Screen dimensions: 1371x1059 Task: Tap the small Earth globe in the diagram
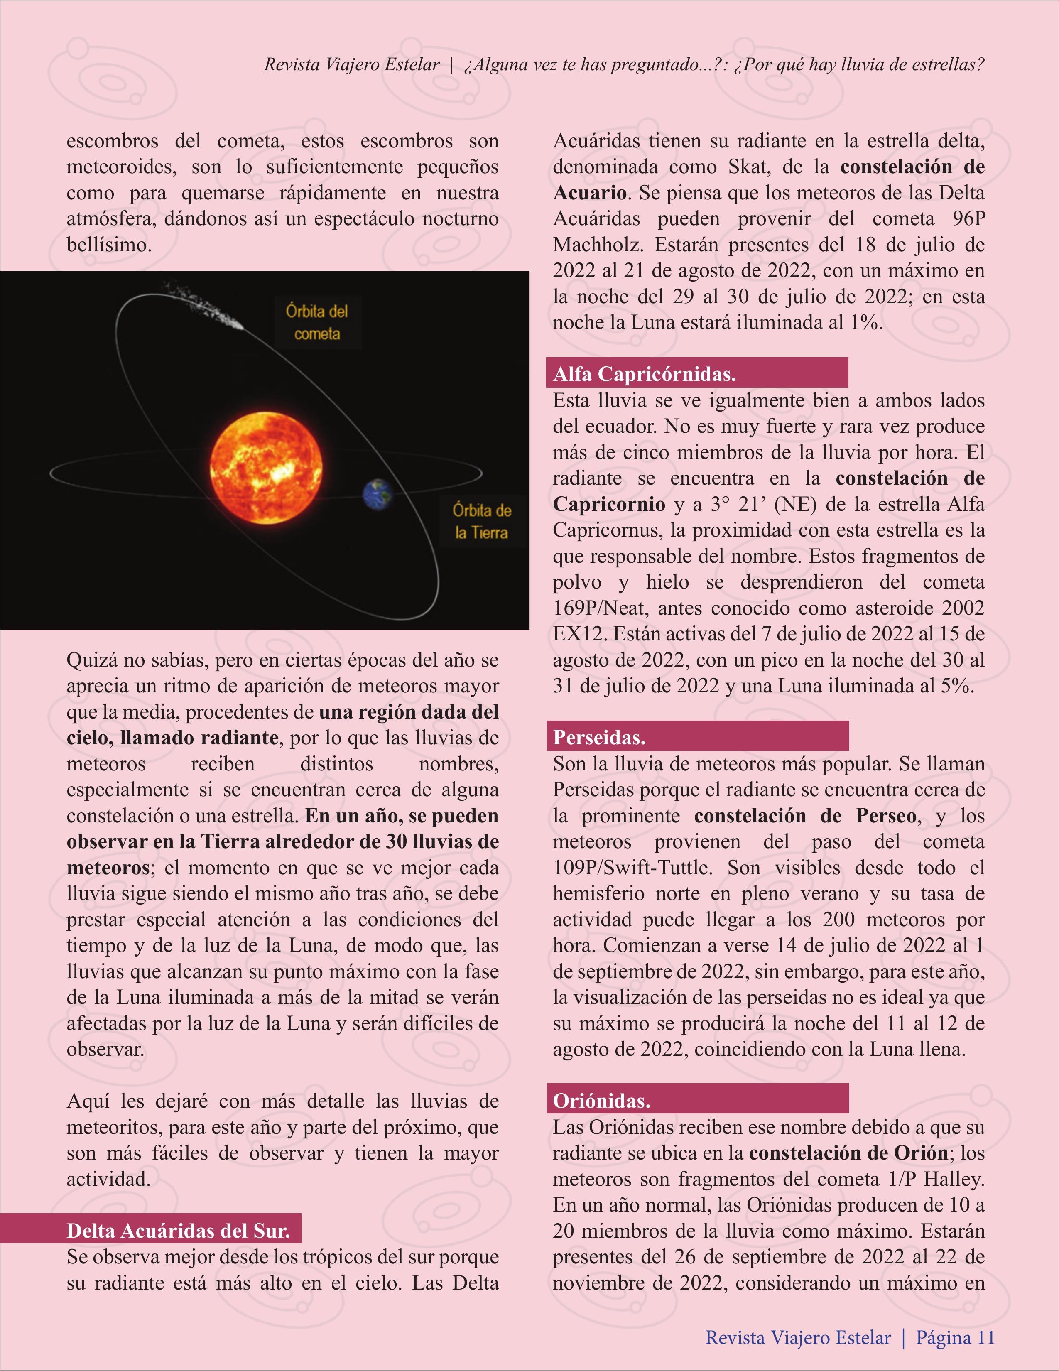378,494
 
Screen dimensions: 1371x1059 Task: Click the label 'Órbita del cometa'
317,322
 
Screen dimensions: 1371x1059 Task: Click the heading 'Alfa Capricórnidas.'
644,374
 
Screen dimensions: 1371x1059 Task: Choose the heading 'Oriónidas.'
601,1101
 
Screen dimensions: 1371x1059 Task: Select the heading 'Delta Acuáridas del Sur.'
178,1230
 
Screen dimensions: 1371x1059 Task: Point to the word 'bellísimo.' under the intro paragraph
109,244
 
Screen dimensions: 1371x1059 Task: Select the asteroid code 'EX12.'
579,633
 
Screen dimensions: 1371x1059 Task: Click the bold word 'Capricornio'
609,504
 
